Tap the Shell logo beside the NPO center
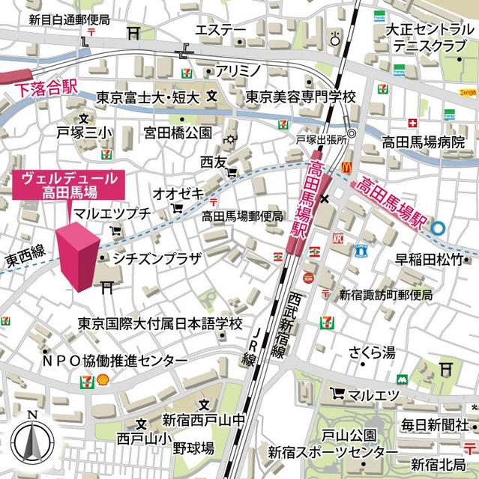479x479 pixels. (103, 379)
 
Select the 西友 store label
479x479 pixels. (213, 162)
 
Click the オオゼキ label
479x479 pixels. (178, 193)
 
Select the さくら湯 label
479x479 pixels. (372, 352)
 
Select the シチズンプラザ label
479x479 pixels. (157, 259)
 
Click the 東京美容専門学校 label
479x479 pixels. (301, 97)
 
